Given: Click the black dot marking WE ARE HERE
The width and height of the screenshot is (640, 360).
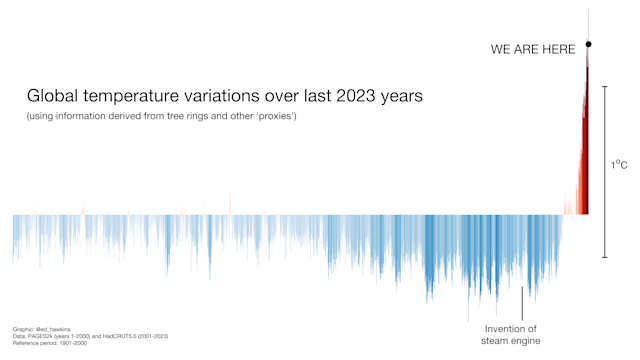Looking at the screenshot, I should coord(588,44).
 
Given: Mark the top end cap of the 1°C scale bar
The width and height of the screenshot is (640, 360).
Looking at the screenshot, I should coord(605,86).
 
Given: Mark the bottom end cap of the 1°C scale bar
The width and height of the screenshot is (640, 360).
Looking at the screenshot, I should coord(605,257).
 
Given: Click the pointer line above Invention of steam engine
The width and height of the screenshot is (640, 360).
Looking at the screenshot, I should coord(521,302).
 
